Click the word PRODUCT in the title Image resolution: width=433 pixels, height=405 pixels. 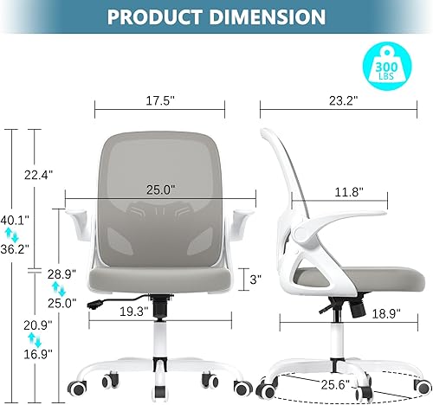(156, 17)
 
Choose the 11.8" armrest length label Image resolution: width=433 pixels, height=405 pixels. (345, 190)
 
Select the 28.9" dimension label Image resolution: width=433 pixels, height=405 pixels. (57, 273)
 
